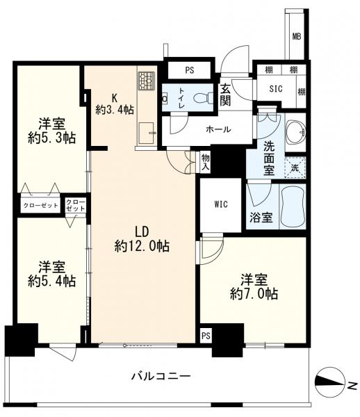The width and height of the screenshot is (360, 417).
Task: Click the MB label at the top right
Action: (x=297, y=36)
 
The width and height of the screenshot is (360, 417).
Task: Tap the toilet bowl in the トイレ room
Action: (x=204, y=97)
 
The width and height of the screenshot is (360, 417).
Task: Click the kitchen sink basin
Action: (x=146, y=132)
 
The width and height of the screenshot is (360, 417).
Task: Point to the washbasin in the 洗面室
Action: (x=295, y=131)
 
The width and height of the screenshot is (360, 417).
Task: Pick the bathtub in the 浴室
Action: (x=293, y=206)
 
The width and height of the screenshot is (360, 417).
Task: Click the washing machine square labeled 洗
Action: (x=295, y=167)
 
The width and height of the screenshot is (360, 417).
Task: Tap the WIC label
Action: (x=221, y=204)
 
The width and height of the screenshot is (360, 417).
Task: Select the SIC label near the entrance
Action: (x=276, y=88)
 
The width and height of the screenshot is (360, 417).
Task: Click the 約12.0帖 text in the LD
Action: (x=142, y=246)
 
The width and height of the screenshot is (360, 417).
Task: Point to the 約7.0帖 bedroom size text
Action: (x=254, y=294)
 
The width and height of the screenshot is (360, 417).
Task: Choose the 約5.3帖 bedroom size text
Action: (x=52, y=138)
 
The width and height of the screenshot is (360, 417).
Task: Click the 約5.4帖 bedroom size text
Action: (x=52, y=281)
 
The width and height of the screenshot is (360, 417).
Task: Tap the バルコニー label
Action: (x=161, y=376)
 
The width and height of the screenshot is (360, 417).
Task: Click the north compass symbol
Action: (x=330, y=382)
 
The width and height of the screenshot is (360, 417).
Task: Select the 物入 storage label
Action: (x=206, y=163)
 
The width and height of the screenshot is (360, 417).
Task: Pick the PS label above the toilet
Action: (x=190, y=70)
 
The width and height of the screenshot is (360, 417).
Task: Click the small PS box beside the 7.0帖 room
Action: (x=206, y=336)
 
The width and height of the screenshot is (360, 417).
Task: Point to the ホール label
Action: (x=218, y=129)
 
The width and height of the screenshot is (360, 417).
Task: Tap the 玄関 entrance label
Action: (x=225, y=95)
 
